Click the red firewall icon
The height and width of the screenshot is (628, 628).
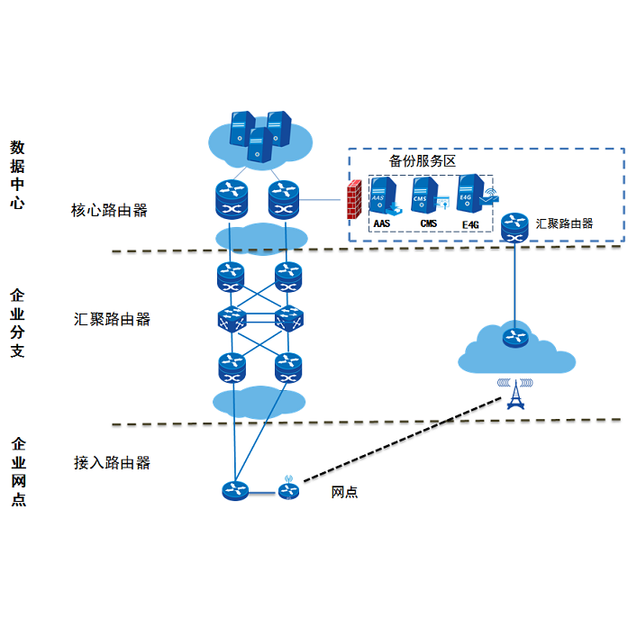[354, 200]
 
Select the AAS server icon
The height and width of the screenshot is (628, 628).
[382, 195]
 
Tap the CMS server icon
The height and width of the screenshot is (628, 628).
[425, 195]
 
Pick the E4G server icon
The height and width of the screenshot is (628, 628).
[469, 192]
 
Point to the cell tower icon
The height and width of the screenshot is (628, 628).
[514, 393]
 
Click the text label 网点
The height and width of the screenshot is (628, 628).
[345, 492]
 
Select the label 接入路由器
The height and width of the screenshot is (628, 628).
[112, 463]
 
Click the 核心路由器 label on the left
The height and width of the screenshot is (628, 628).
[109, 211]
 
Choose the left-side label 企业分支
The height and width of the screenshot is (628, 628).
[17, 323]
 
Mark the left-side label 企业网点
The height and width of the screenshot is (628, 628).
[18, 471]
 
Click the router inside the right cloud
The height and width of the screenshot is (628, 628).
[514, 338]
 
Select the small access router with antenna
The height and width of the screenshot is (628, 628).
[287, 489]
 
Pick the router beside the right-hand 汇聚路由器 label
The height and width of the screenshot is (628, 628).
[514, 226]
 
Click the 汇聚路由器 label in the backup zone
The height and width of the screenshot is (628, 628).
[564, 223]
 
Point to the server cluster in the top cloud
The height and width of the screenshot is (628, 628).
[259, 135]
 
